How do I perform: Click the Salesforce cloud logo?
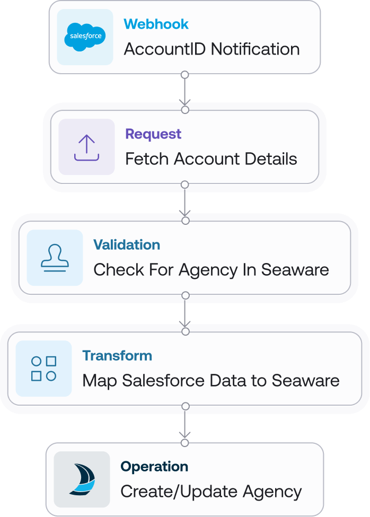[x=85, y=37]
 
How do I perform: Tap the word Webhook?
[x=156, y=24]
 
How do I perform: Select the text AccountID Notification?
[x=212, y=49]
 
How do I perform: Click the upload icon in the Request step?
[x=86, y=147]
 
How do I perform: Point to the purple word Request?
[x=153, y=134]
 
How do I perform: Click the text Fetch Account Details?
[x=211, y=159]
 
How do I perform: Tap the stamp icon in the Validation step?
[x=55, y=258]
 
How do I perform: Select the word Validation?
[x=127, y=245]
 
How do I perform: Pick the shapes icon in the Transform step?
[x=43, y=369]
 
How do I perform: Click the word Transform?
[x=117, y=356]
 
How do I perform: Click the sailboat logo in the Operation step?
[x=82, y=479]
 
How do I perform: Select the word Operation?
[x=154, y=467]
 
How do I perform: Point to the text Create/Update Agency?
[x=211, y=492]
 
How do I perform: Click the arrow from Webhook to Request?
[x=184, y=92]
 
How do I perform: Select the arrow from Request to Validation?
[x=184, y=202]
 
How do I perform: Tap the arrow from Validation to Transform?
[x=184, y=313]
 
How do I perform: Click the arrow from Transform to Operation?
[x=184, y=424]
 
